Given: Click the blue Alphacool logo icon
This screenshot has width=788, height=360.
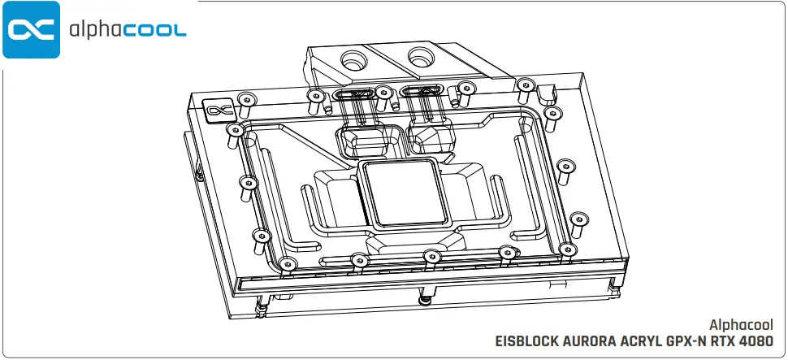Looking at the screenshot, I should pyautogui.click(x=31, y=30).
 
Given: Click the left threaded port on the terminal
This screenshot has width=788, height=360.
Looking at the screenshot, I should pyautogui.click(x=356, y=60).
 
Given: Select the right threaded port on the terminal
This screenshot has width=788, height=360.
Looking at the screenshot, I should pyautogui.click(x=421, y=57).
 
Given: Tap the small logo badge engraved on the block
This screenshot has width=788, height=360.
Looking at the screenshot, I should pyautogui.click(x=217, y=110).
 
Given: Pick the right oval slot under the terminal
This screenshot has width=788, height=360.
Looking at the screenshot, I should pyautogui.click(x=420, y=93).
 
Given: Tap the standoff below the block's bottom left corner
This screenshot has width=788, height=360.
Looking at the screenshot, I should pyautogui.click(x=262, y=306).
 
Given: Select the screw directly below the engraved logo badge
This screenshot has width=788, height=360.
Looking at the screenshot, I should pyautogui.click(x=236, y=131).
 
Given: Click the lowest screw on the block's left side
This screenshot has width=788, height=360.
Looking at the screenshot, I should pyautogui.click(x=284, y=263).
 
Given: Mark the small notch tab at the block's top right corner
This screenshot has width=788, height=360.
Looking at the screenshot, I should pyautogui.click(x=550, y=85).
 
